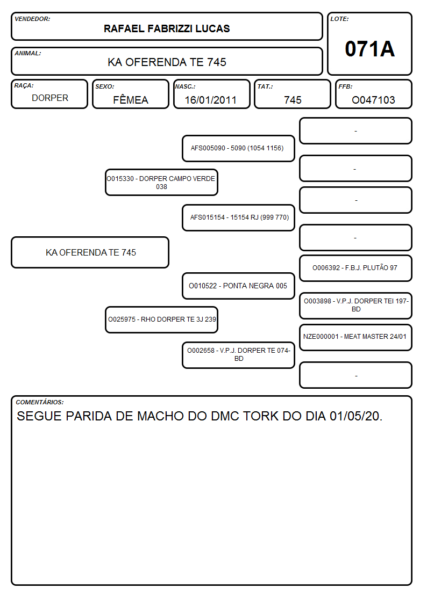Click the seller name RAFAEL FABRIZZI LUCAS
point(167,28)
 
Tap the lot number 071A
point(369,49)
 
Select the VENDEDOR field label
point(32,19)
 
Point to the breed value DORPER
point(50,98)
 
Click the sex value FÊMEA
point(131,99)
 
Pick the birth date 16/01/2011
point(211,100)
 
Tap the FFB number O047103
point(373,100)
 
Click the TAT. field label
point(265,86)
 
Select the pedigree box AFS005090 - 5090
point(238,148)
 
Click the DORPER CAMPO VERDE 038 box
point(161,182)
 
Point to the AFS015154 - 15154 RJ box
point(238,217)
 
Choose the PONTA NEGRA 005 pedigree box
point(238,286)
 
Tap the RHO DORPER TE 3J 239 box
point(161,319)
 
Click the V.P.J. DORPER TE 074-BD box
point(238,354)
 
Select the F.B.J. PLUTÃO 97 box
point(355,268)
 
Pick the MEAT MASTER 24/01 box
point(355,337)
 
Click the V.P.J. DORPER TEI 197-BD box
point(355,306)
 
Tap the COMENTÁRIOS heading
point(40,402)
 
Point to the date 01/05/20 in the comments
point(356,416)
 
